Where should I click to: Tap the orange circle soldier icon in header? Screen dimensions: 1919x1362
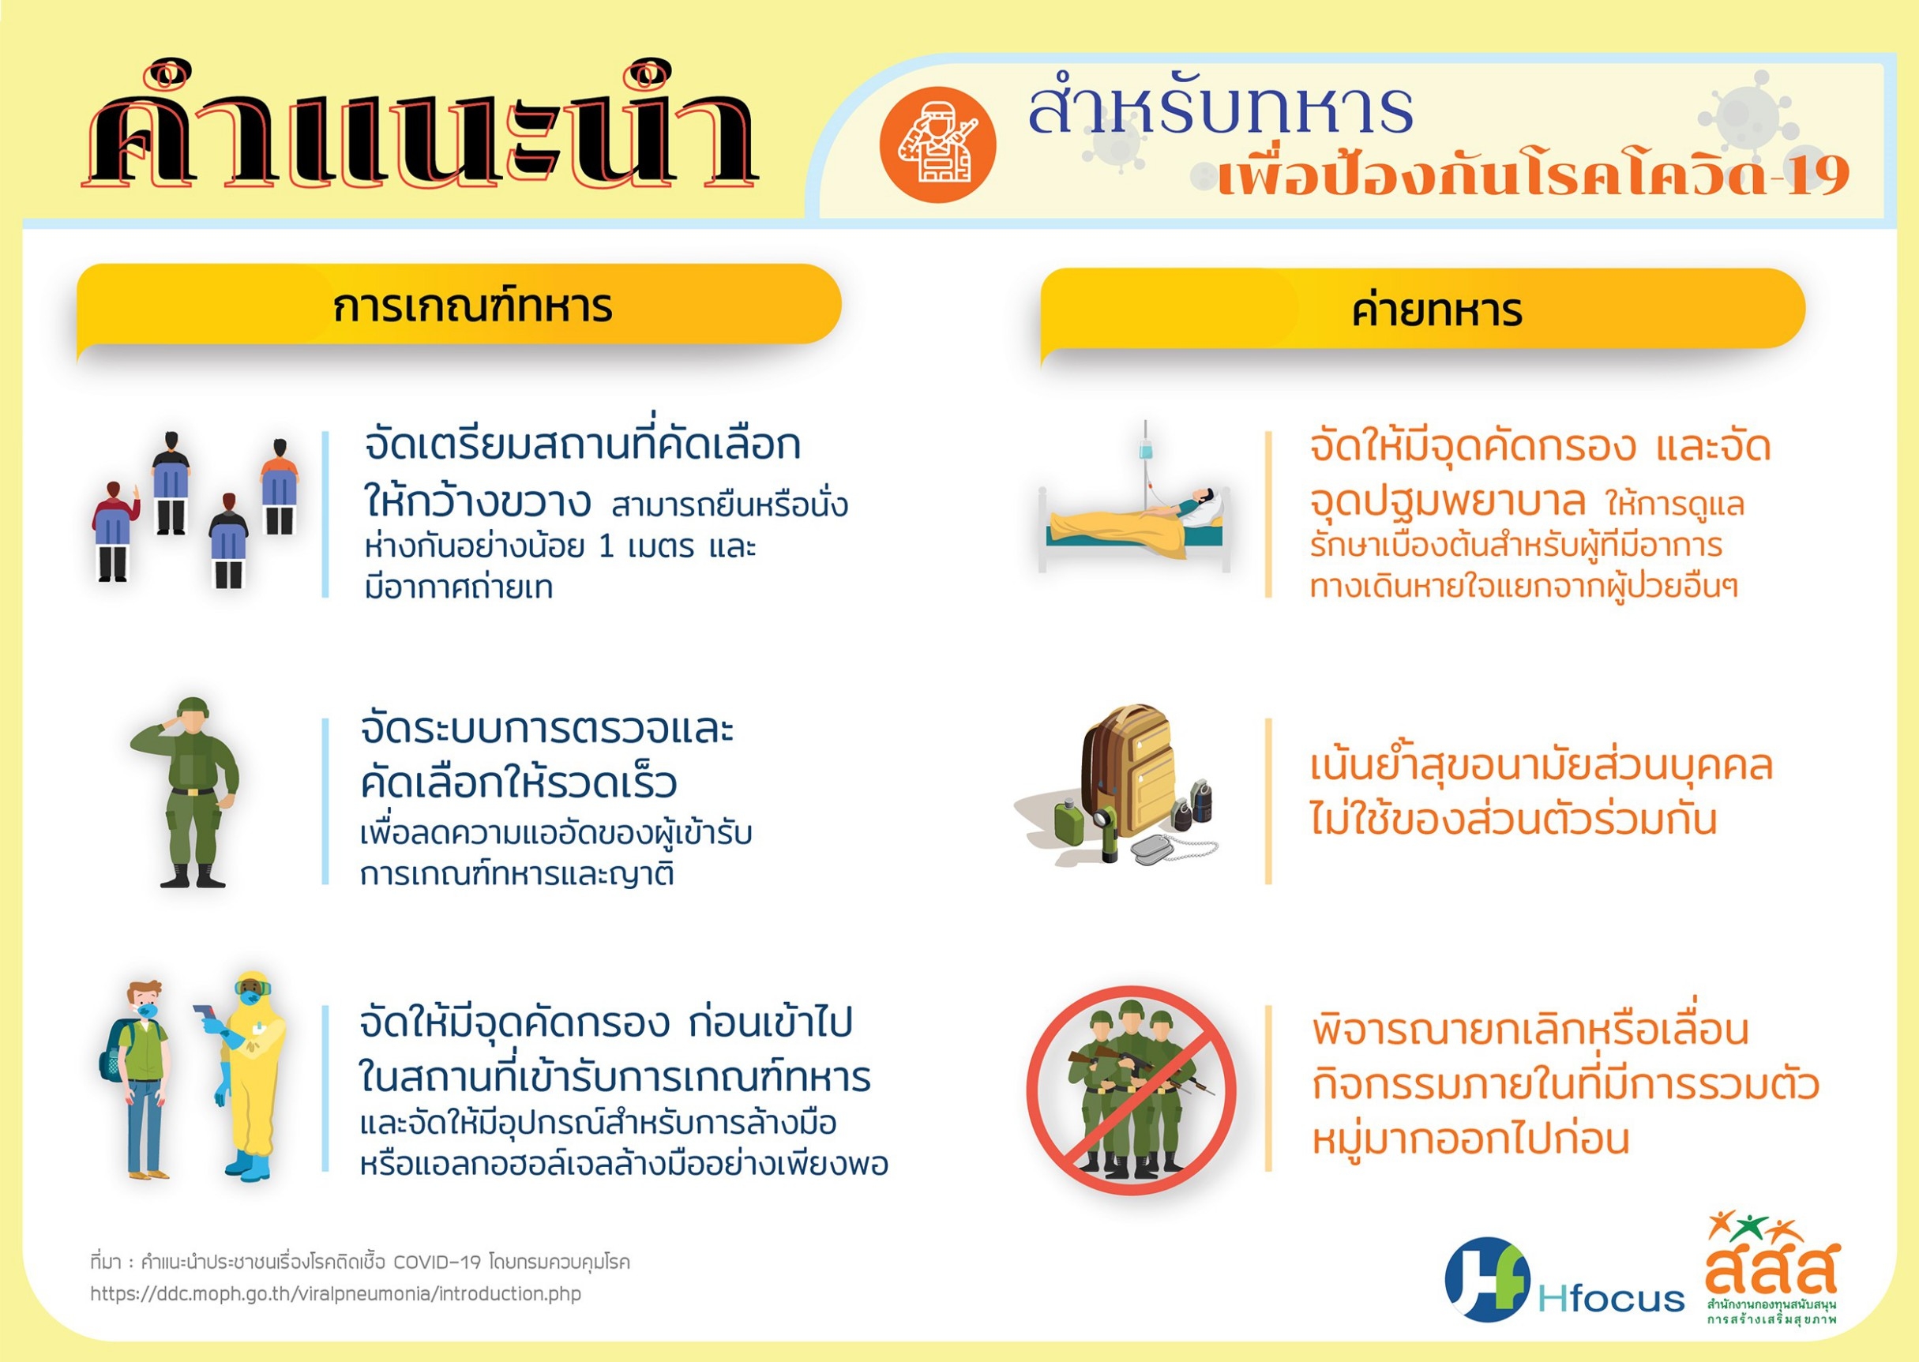coord(937,144)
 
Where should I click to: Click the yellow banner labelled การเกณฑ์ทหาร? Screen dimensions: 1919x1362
coord(459,306)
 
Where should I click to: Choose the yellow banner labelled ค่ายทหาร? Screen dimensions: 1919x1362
coord(1422,310)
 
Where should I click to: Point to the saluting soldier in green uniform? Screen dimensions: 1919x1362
coord(186,792)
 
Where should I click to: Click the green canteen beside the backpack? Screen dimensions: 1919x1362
coord(1067,821)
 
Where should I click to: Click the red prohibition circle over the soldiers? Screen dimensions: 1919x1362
coord(1132,1090)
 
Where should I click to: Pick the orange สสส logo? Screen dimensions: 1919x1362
coord(1771,1267)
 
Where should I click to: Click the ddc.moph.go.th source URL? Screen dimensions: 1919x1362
coord(336,1293)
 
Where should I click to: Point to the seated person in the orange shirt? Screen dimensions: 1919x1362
coord(280,486)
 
